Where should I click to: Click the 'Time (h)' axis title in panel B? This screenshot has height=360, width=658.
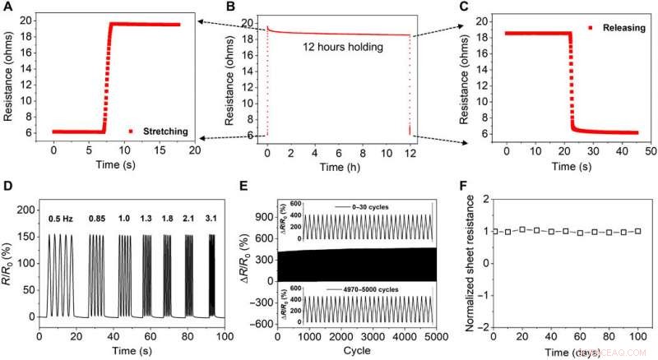point(337,168)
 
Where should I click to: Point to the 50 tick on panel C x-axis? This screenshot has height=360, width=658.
point(647,153)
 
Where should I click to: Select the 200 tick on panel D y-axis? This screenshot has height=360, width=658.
point(29,210)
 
